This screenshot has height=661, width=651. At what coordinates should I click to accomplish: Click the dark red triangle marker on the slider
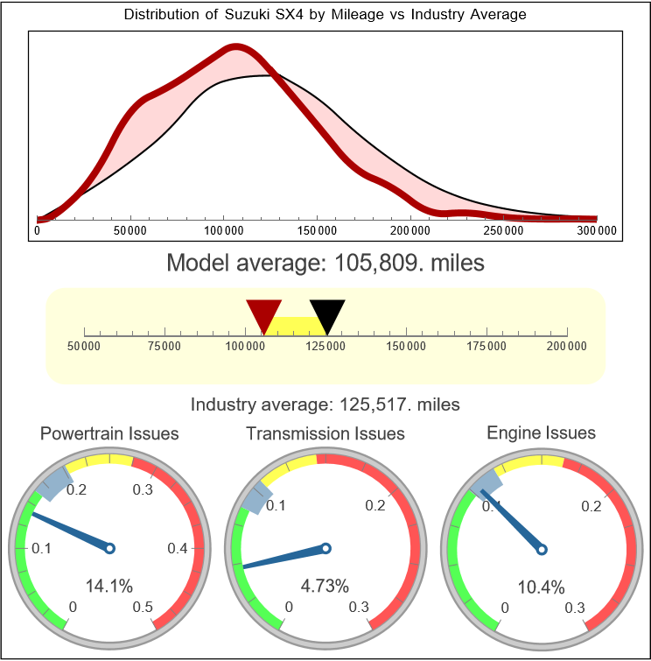263,313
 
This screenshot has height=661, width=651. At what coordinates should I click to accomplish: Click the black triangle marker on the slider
327,313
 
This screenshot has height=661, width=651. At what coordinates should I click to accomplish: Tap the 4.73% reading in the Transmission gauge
325,586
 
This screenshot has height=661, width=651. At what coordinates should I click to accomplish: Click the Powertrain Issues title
109,433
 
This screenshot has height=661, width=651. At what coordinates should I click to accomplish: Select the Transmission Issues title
325,433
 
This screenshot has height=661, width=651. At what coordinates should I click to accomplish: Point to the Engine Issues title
541,432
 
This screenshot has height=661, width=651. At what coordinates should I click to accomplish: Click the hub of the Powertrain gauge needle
110,548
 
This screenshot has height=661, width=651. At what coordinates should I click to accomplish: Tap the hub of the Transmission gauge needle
325,548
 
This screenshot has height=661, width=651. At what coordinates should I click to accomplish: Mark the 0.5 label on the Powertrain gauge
143,607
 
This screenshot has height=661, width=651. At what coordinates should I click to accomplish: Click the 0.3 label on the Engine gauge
575,607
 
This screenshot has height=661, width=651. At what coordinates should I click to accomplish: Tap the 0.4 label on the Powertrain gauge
178,549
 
